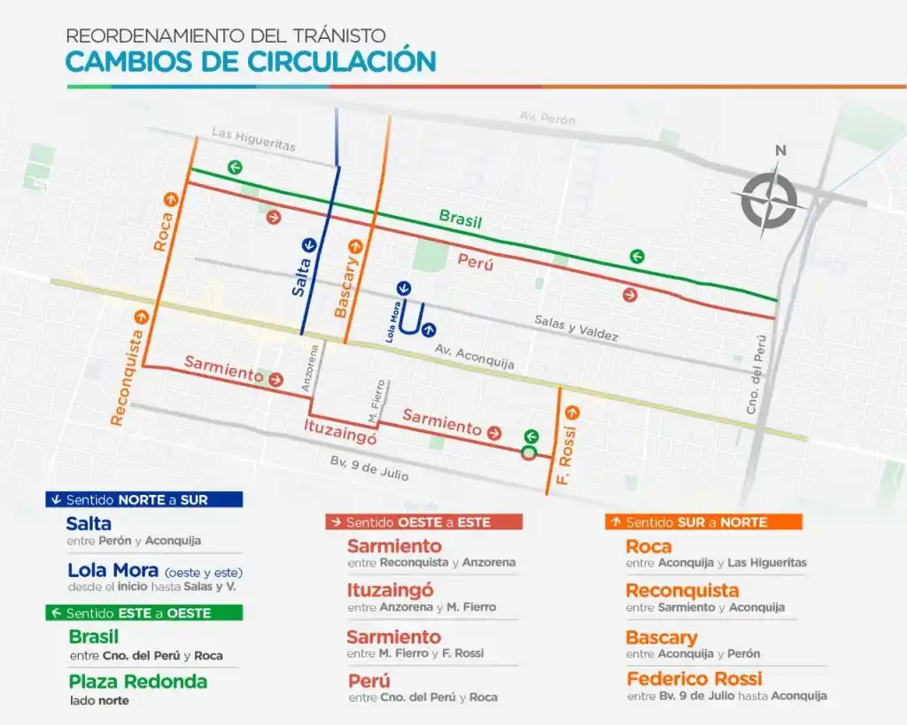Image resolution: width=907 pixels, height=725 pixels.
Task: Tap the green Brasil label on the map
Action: [461, 220]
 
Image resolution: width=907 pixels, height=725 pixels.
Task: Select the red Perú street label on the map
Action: [477, 261]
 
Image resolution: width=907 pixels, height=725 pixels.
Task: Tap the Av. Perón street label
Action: [547, 119]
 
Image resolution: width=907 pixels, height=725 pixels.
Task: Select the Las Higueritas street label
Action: [253, 139]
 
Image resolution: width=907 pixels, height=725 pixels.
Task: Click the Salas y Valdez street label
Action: [576, 329]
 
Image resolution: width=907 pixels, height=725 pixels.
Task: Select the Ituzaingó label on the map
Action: [339, 436]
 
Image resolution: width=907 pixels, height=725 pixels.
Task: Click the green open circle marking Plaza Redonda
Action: [529, 453]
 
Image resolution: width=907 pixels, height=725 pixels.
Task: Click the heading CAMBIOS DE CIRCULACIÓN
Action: [251, 61]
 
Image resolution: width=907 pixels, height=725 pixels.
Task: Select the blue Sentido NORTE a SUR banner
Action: [143, 499]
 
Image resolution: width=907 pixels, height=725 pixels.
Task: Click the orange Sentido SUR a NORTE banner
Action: [703, 522]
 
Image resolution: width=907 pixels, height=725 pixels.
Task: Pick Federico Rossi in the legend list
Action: [694, 679]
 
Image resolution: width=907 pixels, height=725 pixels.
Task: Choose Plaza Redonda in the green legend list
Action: [137, 682]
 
